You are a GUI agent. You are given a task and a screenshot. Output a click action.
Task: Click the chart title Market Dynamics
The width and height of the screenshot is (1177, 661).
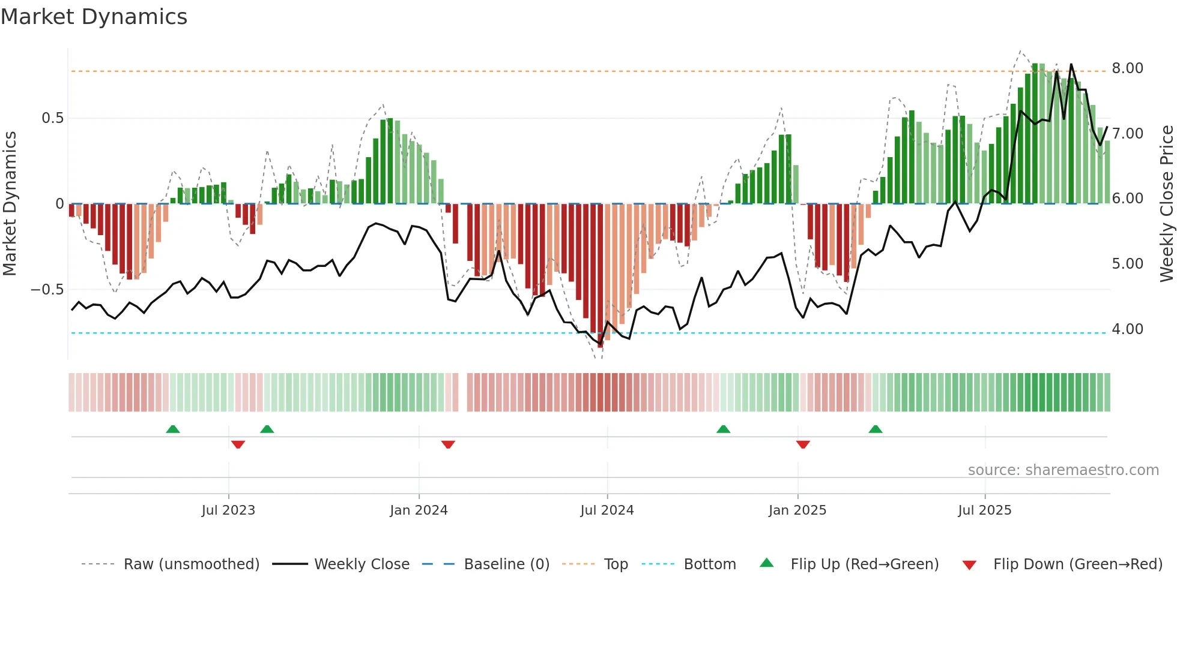coord(94,17)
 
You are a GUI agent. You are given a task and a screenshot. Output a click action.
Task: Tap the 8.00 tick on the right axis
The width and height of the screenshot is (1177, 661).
coord(1127,68)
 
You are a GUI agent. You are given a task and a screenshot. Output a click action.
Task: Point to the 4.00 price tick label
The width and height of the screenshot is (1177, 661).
coord(1127,329)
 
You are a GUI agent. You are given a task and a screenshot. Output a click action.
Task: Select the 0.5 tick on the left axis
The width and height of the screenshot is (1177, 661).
coord(52,118)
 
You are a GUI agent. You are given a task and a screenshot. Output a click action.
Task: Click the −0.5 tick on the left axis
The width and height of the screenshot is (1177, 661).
coord(47,290)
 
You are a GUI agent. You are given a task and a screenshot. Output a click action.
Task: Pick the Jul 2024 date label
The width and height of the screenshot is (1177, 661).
coord(607,510)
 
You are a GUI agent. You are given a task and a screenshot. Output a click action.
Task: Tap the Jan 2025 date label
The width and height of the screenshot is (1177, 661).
coord(797,510)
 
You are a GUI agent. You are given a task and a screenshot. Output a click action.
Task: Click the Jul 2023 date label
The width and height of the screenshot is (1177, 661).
coord(228,510)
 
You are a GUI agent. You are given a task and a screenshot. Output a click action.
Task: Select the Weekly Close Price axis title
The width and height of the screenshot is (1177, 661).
coord(1166,204)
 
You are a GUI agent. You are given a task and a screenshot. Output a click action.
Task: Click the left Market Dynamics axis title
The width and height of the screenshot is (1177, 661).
coord(10,204)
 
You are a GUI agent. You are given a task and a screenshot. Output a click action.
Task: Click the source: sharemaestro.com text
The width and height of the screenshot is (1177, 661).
coord(1063,470)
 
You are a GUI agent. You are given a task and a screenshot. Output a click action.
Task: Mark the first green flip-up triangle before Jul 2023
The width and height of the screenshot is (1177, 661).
coord(173,429)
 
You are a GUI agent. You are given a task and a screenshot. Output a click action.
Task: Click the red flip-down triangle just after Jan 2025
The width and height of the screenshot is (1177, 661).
coord(803,444)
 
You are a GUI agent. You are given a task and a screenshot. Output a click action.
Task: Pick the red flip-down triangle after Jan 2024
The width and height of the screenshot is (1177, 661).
coord(448,444)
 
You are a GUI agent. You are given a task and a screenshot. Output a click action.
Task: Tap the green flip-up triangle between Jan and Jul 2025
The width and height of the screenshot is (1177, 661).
coord(875,429)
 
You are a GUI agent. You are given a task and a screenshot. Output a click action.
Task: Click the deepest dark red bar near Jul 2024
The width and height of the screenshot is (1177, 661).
coord(600,276)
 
